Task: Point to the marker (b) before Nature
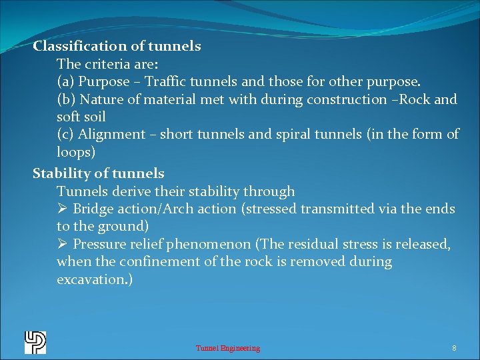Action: pyautogui.click(x=66, y=100)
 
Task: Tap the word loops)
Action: pyautogui.click(x=76, y=152)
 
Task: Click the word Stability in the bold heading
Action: pyautogui.click(x=61, y=174)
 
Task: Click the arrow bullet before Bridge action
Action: pyautogui.click(x=63, y=209)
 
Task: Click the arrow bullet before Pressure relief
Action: pyautogui.click(x=63, y=245)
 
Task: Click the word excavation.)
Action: pyautogui.click(x=95, y=280)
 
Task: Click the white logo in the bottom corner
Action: pyautogui.click(x=35, y=342)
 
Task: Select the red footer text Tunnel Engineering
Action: pyautogui.click(x=228, y=348)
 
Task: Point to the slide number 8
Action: pyautogui.click(x=454, y=348)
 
